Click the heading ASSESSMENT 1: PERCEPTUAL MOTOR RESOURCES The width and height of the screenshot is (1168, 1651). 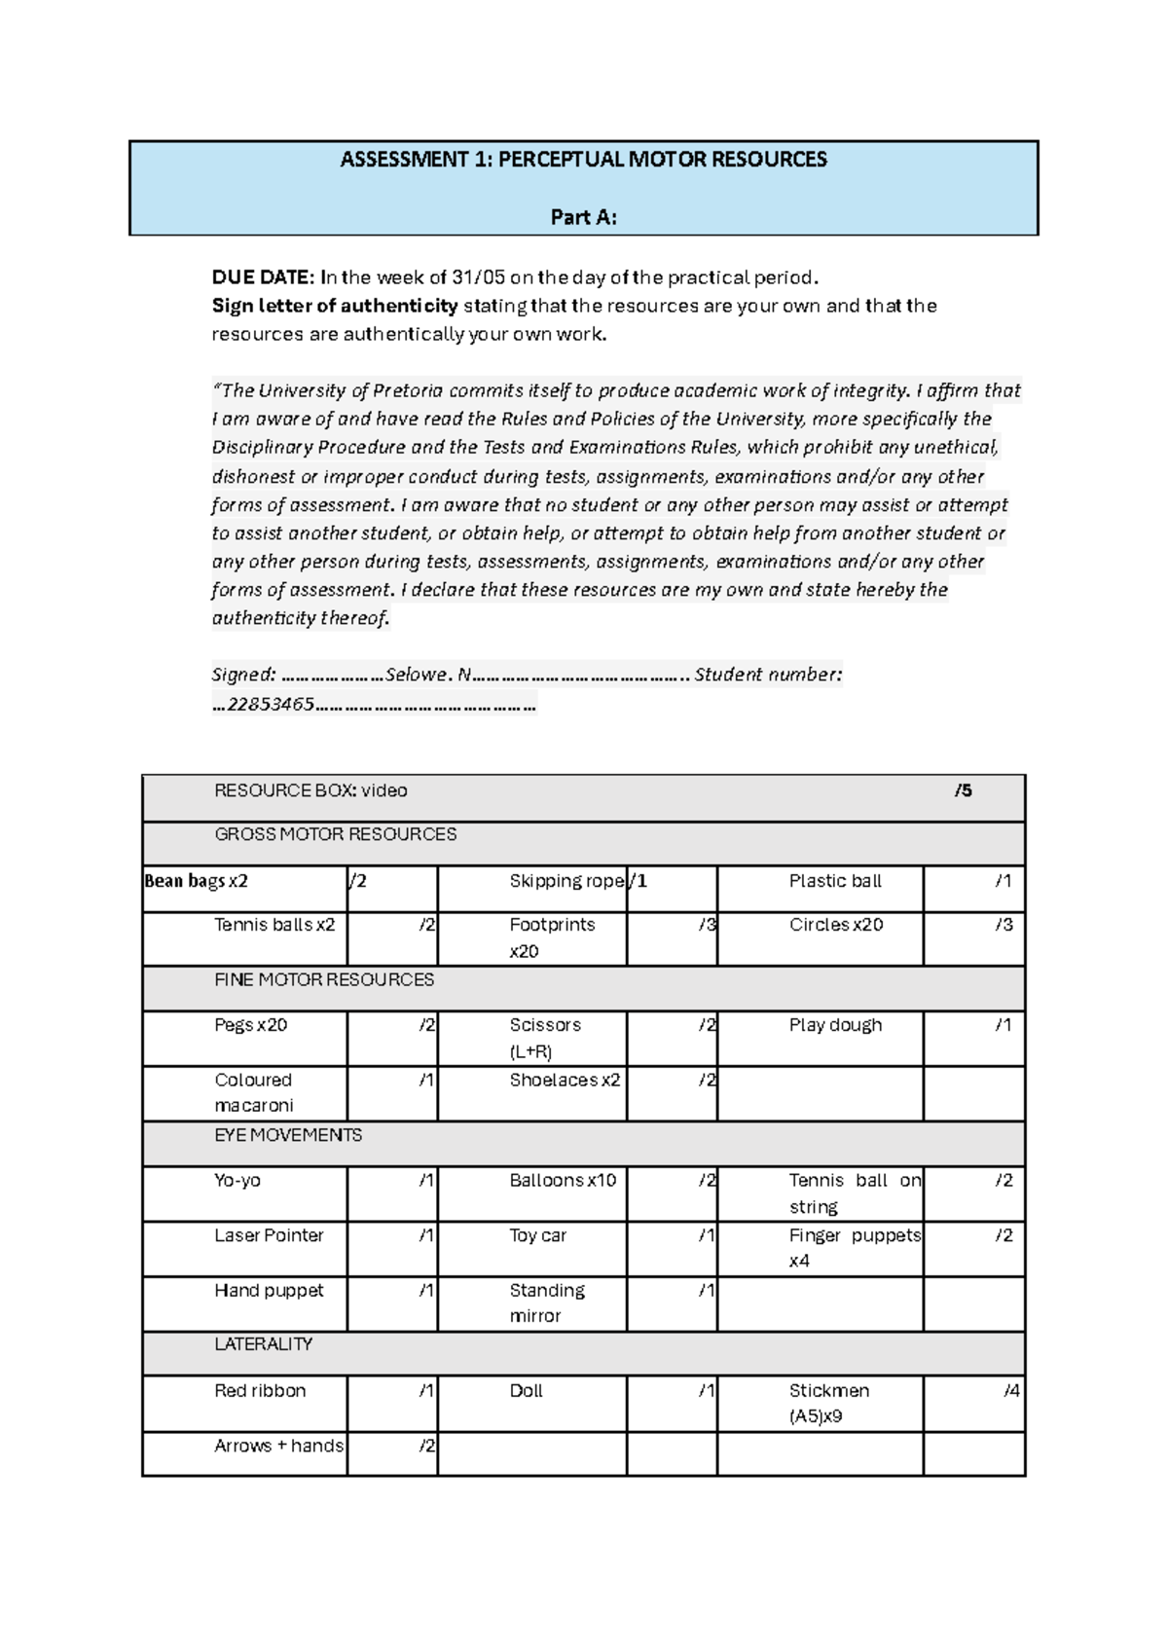click(x=583, y=160)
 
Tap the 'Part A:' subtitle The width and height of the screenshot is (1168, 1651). click(x=583, y=217)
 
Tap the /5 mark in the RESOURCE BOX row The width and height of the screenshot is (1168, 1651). click(x=963, y=790)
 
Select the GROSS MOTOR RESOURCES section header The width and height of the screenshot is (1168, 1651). click(x=335, y=834)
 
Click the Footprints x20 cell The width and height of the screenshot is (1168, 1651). click(x=551, y=937)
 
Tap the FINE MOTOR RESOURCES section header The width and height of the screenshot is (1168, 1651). click(x=324, y=980)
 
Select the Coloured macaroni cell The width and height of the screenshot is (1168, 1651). click(x=253, y=1092)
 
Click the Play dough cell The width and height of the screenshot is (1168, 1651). click(x=835, y=1025)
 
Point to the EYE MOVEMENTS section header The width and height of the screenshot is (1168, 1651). click(x=288, y=1135)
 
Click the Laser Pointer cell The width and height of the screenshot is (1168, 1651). click(x=269, y=1235)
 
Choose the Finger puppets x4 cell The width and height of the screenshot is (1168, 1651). click(x=854, y=1247)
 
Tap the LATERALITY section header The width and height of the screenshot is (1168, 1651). click(x=263, y=1344)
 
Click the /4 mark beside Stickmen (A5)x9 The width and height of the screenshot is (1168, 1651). click(x=1011, y=1391)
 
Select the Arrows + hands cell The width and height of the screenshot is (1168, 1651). click(x=278, y=1446)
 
